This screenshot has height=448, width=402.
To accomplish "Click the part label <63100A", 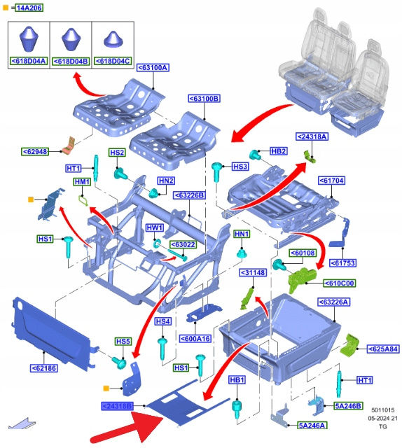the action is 153,68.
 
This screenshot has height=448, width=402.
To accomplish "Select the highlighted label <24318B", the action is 117,406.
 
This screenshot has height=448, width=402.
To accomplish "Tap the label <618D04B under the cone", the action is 71,61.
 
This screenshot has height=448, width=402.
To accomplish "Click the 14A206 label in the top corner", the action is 29,8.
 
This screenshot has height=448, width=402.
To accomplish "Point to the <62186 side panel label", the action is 44,368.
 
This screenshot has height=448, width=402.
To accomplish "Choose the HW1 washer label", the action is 155,227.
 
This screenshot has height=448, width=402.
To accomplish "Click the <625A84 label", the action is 383,349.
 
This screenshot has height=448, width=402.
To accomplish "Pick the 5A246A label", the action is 312,426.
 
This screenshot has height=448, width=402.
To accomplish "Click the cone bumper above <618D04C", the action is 113,39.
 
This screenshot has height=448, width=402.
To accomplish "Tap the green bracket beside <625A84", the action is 349,345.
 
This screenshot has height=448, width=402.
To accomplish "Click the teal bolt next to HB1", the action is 237,409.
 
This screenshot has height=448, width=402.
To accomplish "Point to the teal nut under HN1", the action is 242,253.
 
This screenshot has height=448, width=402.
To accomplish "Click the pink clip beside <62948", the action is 69,146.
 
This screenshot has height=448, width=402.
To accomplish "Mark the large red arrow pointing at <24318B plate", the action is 129,428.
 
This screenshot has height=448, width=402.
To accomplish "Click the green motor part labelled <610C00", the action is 302,279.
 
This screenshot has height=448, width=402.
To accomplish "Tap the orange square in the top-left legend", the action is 6,8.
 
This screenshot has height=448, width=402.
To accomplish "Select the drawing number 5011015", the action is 383,410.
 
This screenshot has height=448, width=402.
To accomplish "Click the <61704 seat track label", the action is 331,181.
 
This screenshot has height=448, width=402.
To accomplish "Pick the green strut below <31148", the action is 247,299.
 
